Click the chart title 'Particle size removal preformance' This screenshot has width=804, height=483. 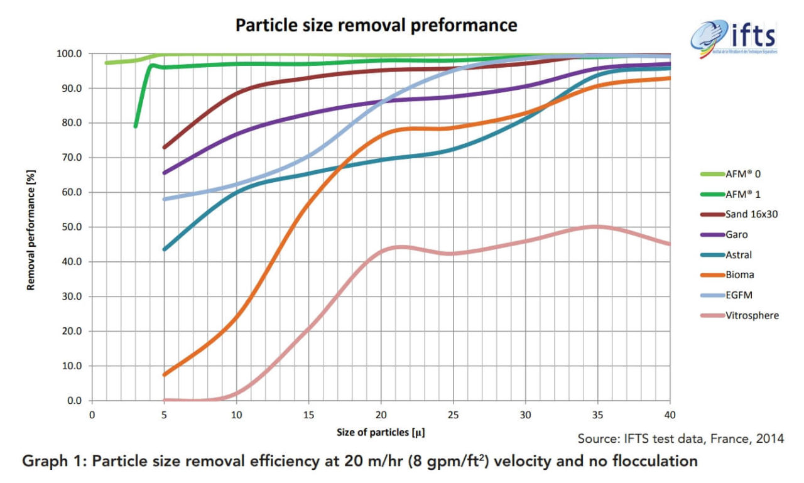tap(376, 25)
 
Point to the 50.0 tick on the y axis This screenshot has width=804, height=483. tap(70, 227)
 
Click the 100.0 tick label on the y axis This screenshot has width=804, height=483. tap(68, 54)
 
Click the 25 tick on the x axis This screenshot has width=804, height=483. tap(453, 415)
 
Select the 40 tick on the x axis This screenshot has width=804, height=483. tap(670, 415)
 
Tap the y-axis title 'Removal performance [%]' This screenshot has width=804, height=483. tap(30, 227)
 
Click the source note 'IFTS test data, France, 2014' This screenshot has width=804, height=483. tap(681, 438)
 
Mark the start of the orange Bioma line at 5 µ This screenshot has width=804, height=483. tap(164, 374)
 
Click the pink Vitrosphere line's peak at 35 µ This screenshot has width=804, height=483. tap(597, 227)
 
